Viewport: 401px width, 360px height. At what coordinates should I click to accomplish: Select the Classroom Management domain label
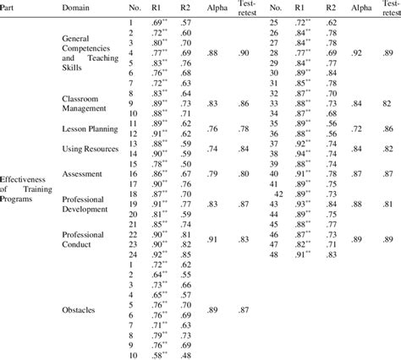[89, 104]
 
